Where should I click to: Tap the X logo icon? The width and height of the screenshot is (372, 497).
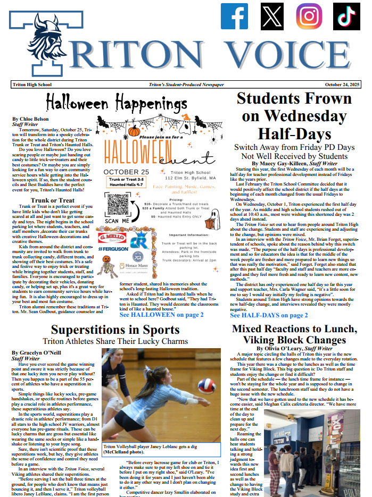(x=272, y=16)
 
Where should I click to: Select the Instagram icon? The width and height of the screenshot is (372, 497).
(x=309, y=16)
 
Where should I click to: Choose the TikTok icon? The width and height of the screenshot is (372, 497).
(x=345, y=16)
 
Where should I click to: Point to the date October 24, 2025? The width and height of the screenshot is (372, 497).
(x=342, y=85)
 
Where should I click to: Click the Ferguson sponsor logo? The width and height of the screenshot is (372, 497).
(x=113, y=248)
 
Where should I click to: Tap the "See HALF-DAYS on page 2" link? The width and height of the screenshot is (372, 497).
(x=269, y=315)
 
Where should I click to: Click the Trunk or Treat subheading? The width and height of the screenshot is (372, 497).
(x=52, y=200)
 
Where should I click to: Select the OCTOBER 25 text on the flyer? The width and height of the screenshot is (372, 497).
(x=126, y=172)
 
